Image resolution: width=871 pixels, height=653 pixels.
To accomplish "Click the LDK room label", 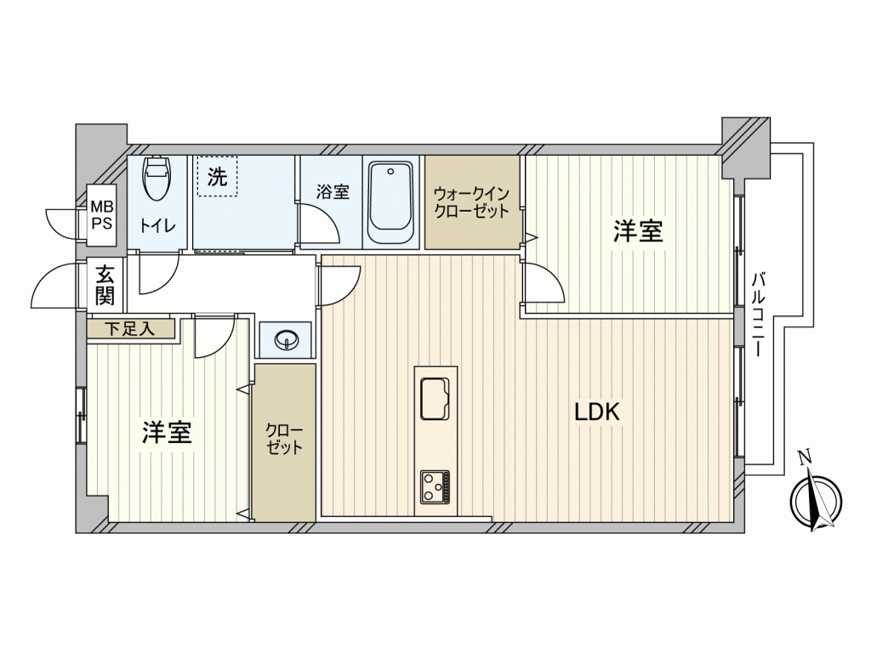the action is point(596,412).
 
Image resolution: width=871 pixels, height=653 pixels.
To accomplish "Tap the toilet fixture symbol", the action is point(157,177).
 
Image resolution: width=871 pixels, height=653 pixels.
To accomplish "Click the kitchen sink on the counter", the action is point(435,399).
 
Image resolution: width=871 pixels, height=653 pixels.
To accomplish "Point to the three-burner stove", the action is point(435,487).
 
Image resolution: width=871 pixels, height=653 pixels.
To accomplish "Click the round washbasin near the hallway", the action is point(287,338).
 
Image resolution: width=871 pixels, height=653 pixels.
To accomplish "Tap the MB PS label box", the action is point(102,215).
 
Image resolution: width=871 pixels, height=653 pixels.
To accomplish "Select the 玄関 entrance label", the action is point(105,286).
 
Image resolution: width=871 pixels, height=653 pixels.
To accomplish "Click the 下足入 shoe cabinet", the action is point(131,329).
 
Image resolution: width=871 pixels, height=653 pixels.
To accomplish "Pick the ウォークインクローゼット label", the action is point(471,202).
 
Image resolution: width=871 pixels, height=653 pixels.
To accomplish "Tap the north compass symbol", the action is point(816,500).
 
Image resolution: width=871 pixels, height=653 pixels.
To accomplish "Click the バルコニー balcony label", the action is point(757,315).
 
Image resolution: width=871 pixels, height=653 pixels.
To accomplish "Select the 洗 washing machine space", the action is point(217,176).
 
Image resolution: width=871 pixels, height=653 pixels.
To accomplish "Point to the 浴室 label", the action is point(333,192).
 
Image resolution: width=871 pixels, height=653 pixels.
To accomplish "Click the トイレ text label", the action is point(157,225).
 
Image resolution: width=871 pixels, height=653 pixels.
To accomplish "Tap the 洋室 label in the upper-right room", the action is point(638,231).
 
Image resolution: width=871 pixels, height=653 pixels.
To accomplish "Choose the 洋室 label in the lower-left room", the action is point(168,432).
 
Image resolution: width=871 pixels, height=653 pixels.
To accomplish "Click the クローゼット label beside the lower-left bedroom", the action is point(284,440).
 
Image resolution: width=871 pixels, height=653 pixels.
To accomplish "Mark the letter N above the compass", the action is point(804,458).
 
